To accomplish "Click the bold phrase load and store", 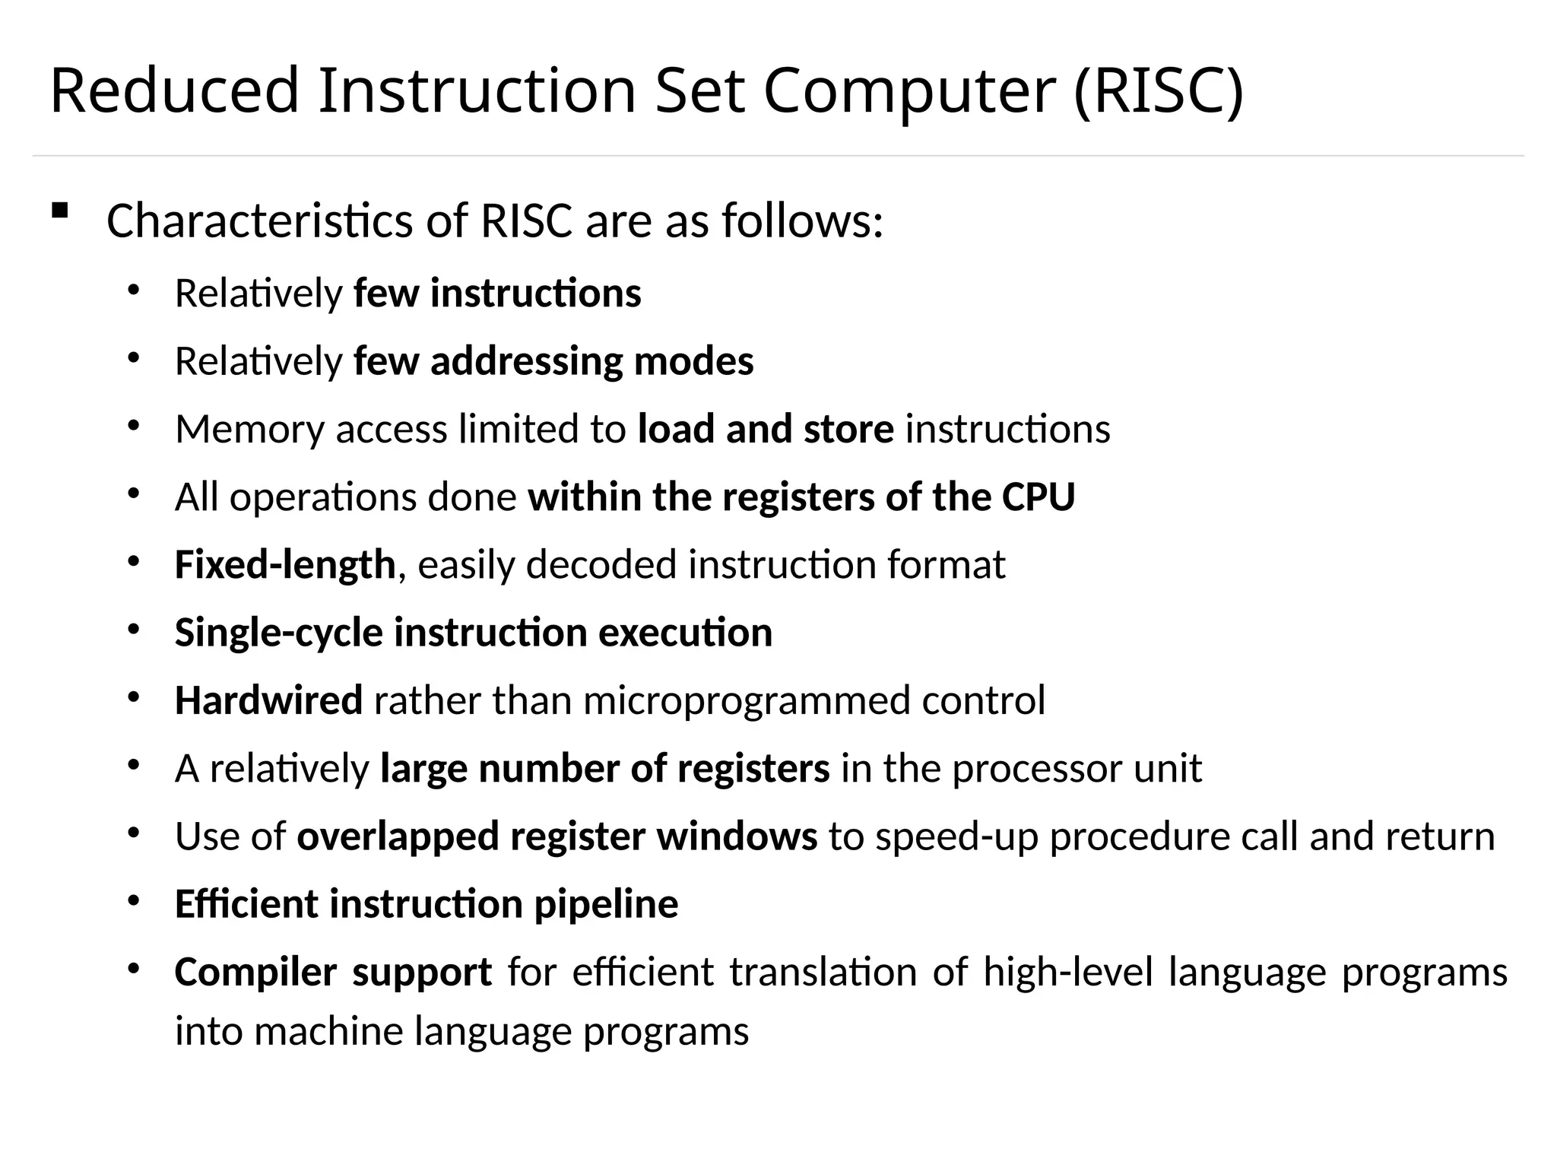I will pos(766,429).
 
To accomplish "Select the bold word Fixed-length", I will pos(285,565).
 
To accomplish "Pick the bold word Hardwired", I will pos(268,700).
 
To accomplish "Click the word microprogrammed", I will pos(746,700).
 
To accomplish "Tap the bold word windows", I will pos(737,836).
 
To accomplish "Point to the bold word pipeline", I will pos(606,904).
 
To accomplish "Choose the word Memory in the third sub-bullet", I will pos(249,429).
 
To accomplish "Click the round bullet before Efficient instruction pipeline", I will pos(134,901).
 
